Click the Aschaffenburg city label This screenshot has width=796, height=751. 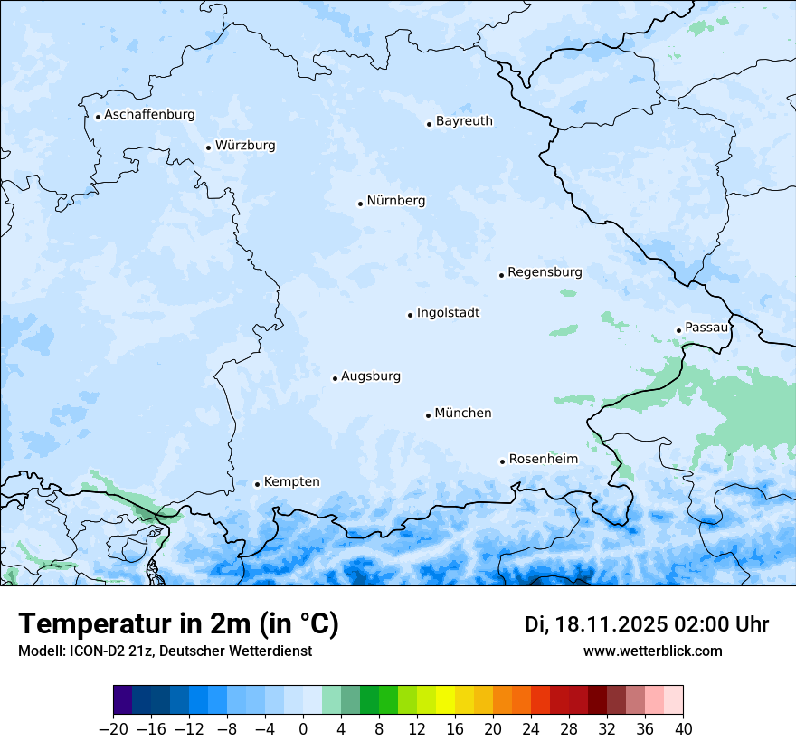click(x=149, y=115)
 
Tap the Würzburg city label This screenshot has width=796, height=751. click(x=245, y=146)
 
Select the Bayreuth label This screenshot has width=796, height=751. click(x=464, y=121)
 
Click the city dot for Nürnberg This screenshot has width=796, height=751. click(x=360, y=204)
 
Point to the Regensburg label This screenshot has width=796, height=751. click(x=545, y=272)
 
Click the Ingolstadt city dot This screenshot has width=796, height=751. click(x=410, y=316)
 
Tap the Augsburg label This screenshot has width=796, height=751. click(x=371, y=376)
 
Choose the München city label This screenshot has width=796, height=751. click(x=463, y=414)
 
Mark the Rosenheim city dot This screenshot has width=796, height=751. click(x=502, y=462)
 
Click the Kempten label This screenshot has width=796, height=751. click(x=291, y=482)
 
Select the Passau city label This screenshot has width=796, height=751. click(x=706, y=328)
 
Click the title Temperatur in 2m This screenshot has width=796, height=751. click(x=179, y=624)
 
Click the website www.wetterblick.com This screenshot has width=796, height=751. click(x=652, y=651)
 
